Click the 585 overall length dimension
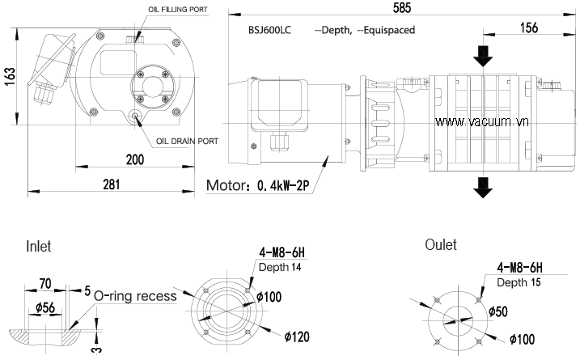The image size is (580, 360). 402,8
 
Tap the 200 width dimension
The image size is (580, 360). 135,159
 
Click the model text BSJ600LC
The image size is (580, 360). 271,29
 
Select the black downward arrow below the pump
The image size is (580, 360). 483,187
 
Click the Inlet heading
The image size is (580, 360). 39,245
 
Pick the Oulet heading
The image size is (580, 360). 440,244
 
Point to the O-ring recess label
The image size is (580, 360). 135,295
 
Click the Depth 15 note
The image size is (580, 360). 518,282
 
